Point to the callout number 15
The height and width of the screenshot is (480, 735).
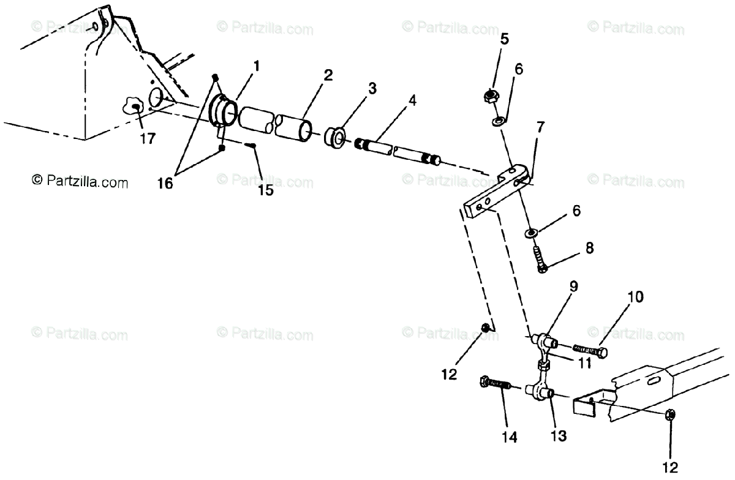(x=265, y=189)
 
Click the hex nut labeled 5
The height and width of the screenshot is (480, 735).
(x=489, y=96)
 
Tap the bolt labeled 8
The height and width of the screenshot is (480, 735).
(x=539, y=260)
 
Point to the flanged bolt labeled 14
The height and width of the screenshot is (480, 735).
(x=496, y=384)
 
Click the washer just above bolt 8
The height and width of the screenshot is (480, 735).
(x=530, y=233)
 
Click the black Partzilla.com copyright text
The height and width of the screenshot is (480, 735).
(x=80, y=181)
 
